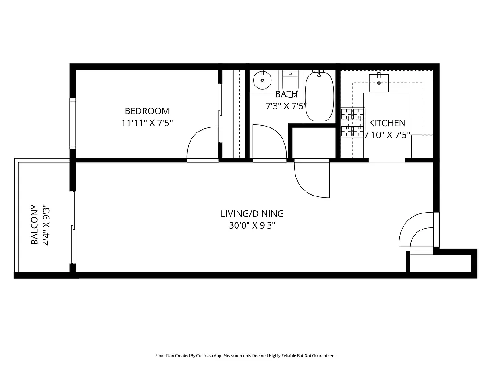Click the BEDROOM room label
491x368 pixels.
click(x=147, y=111)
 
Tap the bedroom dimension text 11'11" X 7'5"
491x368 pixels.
click(x=147, y=123)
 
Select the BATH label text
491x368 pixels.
click(x=286, y=94)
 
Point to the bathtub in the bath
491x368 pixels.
click(x=319, y=97)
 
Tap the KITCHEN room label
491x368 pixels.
click(x=387, y=123)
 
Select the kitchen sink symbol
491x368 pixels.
click(x=379, y=83)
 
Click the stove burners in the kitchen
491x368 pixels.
click(x=352, y=123)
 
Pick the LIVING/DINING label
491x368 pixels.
click(x=252, y=213)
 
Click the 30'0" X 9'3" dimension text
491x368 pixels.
click(x=252, y=225)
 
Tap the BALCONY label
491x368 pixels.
click(x=34, y=224)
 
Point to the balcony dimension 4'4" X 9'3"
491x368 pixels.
click(x=46, y=224)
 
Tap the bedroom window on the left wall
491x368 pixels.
click(x=73, y=123)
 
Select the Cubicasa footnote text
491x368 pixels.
click(x=245, y=356)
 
